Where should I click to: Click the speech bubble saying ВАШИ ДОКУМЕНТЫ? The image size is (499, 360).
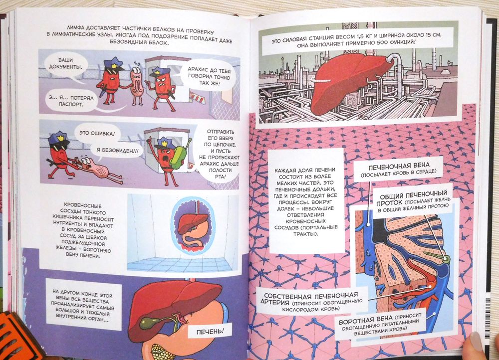point(65,64)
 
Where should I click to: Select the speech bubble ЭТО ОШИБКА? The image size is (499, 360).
point(95,133)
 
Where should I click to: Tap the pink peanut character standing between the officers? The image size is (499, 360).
point(137,84)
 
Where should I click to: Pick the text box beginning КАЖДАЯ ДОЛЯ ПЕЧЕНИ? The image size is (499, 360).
point(306,201)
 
